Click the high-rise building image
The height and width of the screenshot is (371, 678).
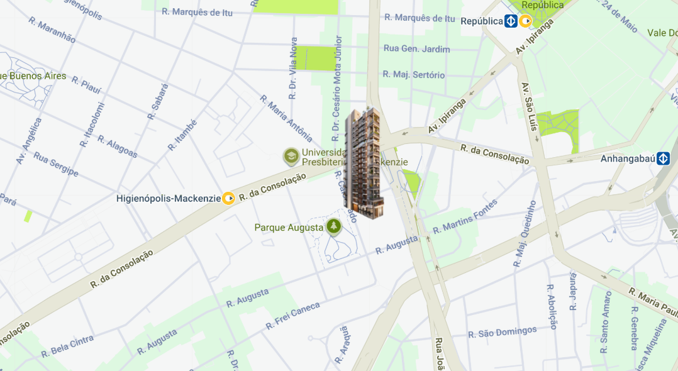364,163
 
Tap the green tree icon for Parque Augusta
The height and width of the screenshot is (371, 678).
333,226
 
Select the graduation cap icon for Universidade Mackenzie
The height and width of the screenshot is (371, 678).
291,156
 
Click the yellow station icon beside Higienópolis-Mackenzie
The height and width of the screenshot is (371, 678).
229,199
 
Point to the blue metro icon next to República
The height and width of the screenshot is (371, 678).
511,21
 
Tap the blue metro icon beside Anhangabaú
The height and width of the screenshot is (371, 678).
663,158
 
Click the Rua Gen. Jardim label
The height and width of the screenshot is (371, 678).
417,49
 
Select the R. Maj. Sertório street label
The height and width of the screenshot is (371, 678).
413,75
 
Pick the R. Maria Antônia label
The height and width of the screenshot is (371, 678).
286,118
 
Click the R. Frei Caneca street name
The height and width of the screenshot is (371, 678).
293,316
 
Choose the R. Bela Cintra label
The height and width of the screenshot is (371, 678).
67,346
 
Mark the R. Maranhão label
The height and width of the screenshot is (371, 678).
52,30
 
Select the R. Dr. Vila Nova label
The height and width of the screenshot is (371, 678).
292,77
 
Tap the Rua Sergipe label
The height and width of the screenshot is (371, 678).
56,164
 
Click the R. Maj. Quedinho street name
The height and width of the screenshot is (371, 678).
525,235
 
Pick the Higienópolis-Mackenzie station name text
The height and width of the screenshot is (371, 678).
169,199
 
